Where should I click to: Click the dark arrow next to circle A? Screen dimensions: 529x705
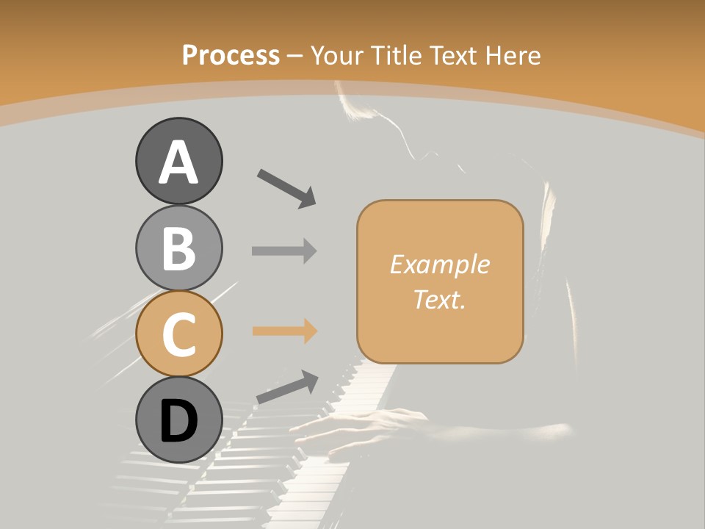click(286, 187)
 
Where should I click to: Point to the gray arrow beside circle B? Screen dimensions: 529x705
click(284, 251)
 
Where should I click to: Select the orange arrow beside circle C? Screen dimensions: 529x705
click(284, 331)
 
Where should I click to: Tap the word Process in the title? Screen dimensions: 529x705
click(231, 55)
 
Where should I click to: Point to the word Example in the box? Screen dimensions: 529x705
click(440, 264)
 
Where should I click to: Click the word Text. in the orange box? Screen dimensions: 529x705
click(440, 299)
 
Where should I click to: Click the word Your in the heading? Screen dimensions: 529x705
click(338, 55)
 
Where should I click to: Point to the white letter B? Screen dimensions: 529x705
click(178, 248)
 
